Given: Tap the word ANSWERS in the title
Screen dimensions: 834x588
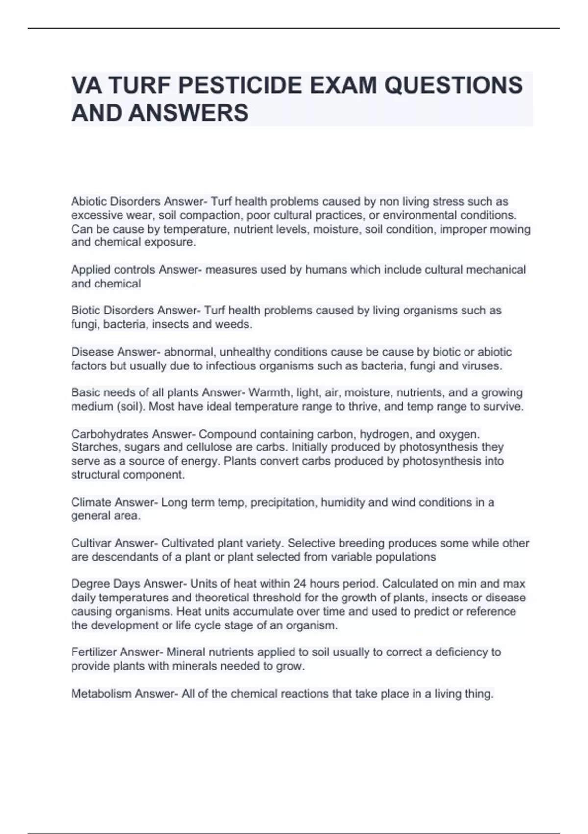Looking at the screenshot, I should [x=189, y=113].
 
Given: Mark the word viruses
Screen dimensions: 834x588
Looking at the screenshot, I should [x=483, y=366].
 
